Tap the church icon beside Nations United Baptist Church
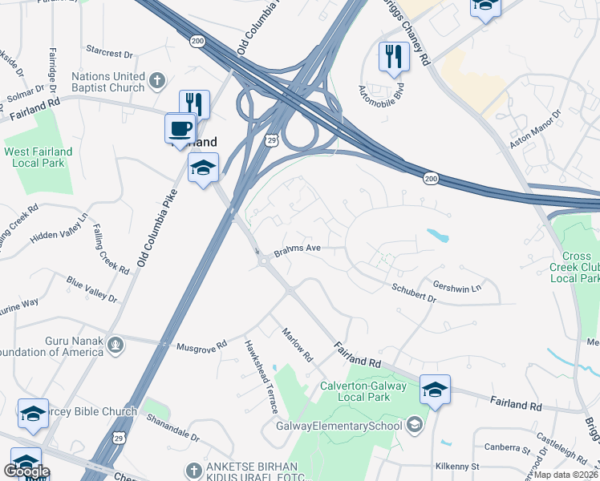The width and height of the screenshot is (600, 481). coord(157,80)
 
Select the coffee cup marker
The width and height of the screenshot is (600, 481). coord(180,128)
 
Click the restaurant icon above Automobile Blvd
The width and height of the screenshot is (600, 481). coord(394,56)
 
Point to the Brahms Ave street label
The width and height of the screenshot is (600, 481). coord(298,249)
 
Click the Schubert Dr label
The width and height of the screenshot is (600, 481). coord(414,293)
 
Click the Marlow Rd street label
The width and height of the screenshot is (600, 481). coord(296,342)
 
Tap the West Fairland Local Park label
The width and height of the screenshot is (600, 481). coord(38,156)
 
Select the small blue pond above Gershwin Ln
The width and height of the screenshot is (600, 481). coord(438,236)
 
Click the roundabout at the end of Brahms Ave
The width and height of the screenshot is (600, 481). coord(262,260)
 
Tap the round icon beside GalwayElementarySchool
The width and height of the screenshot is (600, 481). coord(414,424)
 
